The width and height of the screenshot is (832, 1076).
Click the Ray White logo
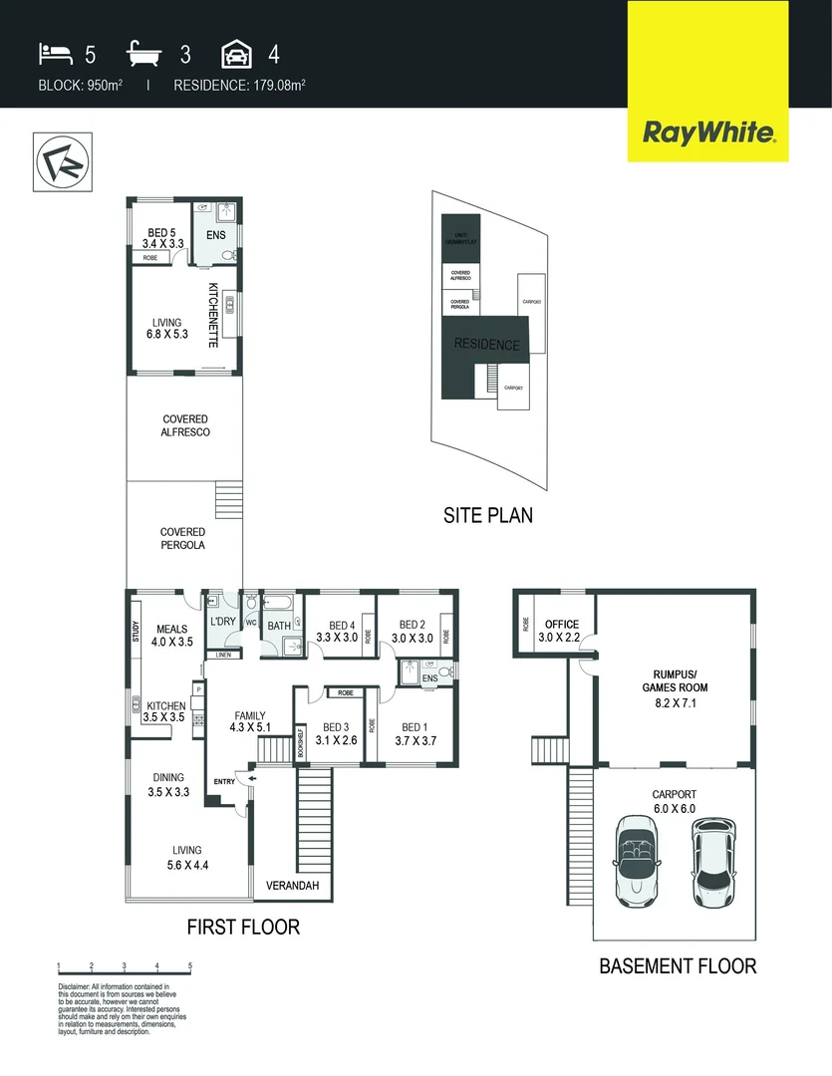pyautogui.click(x=708, y=132)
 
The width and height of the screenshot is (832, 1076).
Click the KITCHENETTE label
pyautogui.click(x=213, y=315)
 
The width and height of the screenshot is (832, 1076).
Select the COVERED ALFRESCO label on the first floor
pyautogui.click(x=184, y=425)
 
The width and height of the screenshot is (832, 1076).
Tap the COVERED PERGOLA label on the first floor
pyautogui.click(x=182, y=539)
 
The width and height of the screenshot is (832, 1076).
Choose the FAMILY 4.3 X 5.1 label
pyautogui.click(x=249, y=722)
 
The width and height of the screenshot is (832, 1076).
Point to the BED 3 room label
pyautogui.click(x=335, y=733)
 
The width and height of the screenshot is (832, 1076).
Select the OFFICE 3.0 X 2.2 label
pyautogui.click(x=561, y=631)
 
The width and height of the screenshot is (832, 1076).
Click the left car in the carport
pyautogui.click(x=637, y=861)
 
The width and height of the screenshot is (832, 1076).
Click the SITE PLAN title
pyautogui.click(x=487, y=515)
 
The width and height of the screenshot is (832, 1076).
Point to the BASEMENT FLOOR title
pyautogui.click(x=677, y=965)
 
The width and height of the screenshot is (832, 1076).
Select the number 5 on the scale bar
pyautogui.click(x=189, y=966)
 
